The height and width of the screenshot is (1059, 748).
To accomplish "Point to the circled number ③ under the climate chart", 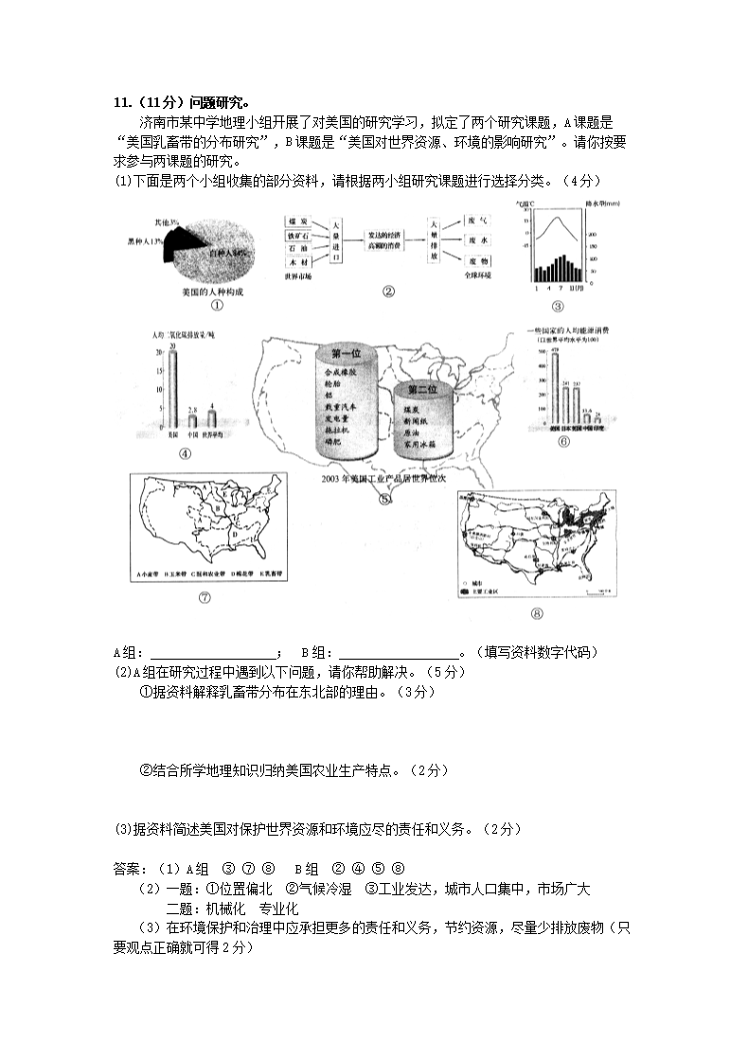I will click(557, 306).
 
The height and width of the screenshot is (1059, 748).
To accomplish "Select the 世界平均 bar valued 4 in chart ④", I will click(212, 419).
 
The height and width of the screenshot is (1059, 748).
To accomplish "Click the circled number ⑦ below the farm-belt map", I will click(205, 596).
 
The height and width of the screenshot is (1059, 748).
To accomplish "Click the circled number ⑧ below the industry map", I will click(537, 612).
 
